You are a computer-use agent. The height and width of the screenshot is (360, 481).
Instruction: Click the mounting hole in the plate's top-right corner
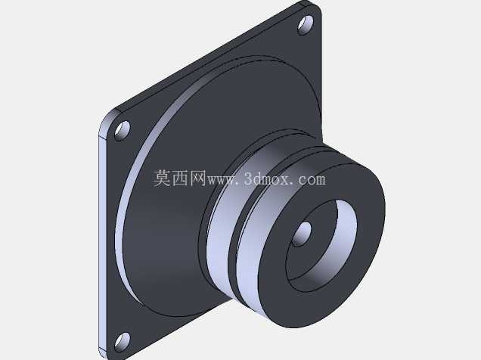tap(306, 25)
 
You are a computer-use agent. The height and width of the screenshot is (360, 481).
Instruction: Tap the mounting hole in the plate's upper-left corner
tap(123, 131)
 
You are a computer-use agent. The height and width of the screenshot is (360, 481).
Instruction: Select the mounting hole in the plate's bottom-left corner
tap(123, 342)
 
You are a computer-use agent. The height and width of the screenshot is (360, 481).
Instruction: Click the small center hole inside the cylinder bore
tap(301, 234)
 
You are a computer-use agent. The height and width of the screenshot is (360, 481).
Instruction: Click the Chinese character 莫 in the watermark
tap(163, 178)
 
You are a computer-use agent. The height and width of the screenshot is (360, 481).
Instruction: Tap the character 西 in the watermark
tap(180, 178)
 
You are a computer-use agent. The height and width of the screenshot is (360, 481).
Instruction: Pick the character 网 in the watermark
tap(197, 178)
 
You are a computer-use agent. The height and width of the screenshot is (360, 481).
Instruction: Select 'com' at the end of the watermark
tap(312, 180)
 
